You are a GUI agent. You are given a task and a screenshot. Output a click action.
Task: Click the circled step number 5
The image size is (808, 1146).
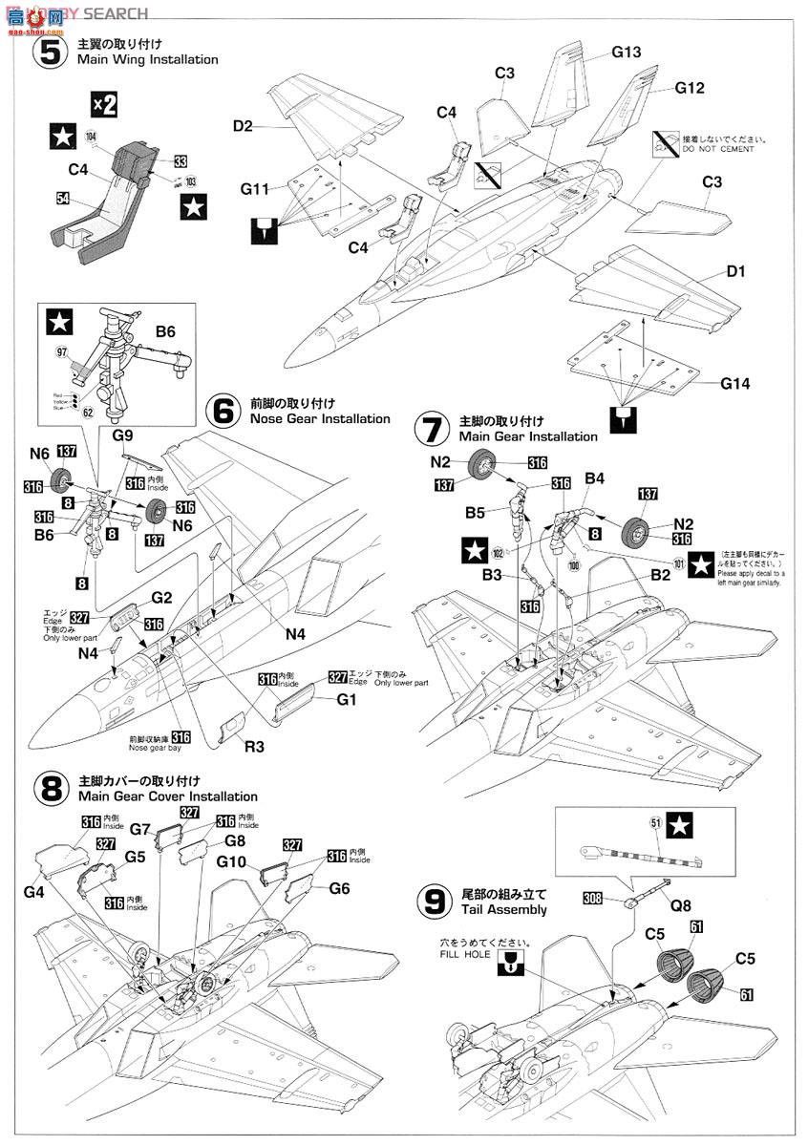pos(47,52)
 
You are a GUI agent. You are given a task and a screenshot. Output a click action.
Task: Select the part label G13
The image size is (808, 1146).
pos(626,53)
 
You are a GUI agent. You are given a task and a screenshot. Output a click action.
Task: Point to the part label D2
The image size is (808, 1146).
pos(243,126)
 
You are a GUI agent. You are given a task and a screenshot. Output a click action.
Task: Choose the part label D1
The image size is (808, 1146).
pos(734,272)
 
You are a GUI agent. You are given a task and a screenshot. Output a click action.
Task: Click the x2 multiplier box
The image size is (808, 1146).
pos(103,104)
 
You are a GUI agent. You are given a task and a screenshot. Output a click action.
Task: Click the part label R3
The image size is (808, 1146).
pos(254,746)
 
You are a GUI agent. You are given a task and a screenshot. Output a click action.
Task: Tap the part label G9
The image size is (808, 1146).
pos(121,435)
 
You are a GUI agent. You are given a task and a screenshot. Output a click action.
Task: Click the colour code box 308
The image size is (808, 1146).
pos(594,898)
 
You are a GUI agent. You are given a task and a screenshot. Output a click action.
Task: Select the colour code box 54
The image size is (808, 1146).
pos(63,199)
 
